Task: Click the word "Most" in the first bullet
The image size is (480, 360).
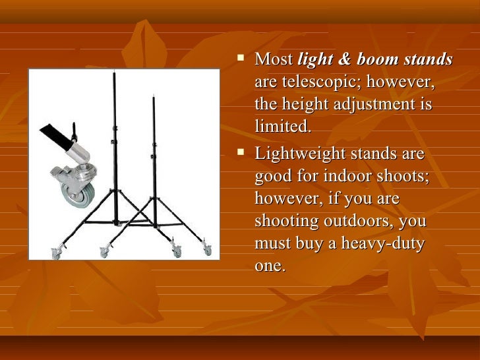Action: coord(274,60)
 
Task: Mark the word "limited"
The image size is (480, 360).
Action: coord(282,127)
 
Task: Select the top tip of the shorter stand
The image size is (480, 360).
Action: coord(154,99)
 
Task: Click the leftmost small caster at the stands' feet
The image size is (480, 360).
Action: coord(56,251)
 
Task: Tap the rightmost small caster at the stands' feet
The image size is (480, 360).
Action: coord(208,251)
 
